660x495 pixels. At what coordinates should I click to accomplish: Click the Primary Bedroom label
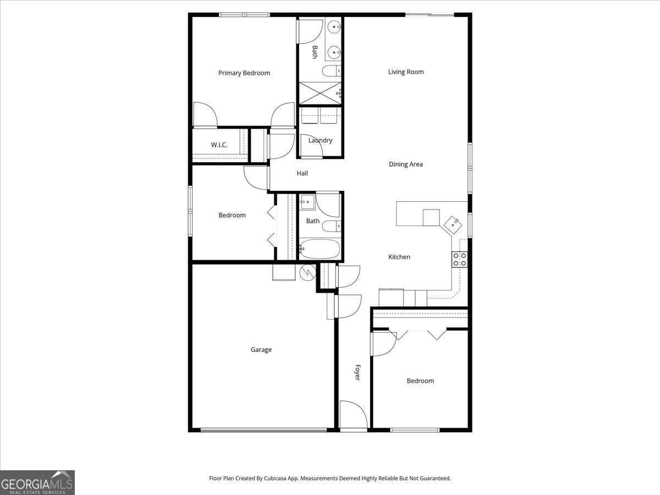tap(244, 73)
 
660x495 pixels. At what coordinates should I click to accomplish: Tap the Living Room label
tap(405, 72)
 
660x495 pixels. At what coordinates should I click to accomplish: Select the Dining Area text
tap(405, 164)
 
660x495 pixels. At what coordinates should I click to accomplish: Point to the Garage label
tap(261, 350)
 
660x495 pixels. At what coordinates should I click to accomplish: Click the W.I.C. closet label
tap(219, 145)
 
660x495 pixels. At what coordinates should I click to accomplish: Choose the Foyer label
tap(358, 372)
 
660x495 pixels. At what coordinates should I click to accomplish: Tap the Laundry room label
tap(320, 140)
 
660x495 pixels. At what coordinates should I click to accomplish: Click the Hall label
tap(302, 173)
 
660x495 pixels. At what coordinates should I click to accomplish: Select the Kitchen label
tap(399, 257)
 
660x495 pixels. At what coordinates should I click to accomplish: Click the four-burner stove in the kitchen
tap(460, 260)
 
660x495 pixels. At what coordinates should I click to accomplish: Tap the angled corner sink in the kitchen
tap(453, 225)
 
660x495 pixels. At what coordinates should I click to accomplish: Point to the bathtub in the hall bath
tap(320, 249)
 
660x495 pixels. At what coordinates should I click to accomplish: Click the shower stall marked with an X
tap(320, 93)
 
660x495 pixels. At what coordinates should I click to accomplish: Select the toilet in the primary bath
tap(332, 71)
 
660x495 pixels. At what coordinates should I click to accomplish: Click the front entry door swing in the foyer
tap(353, 414)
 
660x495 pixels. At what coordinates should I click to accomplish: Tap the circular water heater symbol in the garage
tap(307, 272)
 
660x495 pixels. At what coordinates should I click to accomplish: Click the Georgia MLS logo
tap(37, 483)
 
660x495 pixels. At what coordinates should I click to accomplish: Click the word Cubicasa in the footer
tap(274, 478)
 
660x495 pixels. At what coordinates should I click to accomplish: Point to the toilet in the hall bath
tap(331, 226)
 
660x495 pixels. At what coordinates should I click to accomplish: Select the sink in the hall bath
tap(307, 202)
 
